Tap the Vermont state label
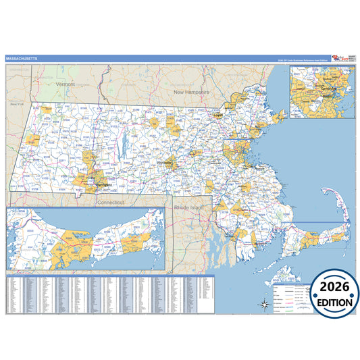pos(66,84)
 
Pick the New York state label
pos(16,105)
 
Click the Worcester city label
pos(164,163)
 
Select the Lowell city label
pos(217,115)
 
